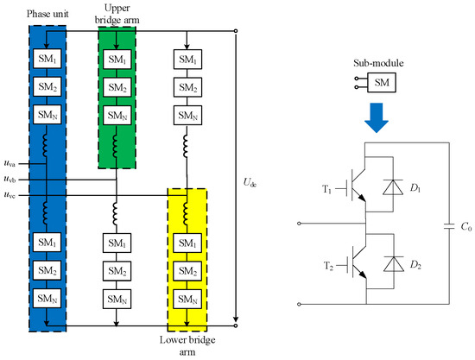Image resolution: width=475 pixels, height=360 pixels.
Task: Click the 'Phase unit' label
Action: point(47,14)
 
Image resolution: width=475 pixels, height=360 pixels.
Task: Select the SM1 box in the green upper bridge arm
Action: point(117,60)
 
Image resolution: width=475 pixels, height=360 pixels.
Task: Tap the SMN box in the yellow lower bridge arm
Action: point(187,300)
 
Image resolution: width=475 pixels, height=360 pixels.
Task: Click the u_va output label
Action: point(9,163)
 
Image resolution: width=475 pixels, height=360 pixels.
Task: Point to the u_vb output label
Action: point(9,179)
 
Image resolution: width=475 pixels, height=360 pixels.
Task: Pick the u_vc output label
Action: point(9,195)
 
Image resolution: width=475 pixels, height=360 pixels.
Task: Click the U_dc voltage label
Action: point(250,182)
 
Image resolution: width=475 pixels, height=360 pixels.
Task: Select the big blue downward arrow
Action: point(377,117)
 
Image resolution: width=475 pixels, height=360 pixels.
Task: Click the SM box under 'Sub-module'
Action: point(382,82)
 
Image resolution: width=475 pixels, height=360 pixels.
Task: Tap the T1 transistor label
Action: point(326,189)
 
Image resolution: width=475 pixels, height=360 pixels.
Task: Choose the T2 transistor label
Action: point(328,266)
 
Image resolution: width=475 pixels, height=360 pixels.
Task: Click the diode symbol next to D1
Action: point(393,187)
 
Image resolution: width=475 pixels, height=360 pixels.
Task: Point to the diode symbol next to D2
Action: point(394,264)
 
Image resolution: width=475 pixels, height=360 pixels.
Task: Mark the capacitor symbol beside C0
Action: point(449,226)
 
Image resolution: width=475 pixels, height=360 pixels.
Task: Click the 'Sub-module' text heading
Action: point(378,63)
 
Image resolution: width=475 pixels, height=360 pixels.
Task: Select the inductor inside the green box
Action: point(116,146)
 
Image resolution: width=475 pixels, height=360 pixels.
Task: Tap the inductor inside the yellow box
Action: point(186,214)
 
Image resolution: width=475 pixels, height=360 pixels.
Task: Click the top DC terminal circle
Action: point(236,31)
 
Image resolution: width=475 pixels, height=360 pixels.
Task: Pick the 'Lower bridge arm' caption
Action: point(187,346)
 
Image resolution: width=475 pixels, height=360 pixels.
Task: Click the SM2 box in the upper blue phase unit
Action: point(47,87)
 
